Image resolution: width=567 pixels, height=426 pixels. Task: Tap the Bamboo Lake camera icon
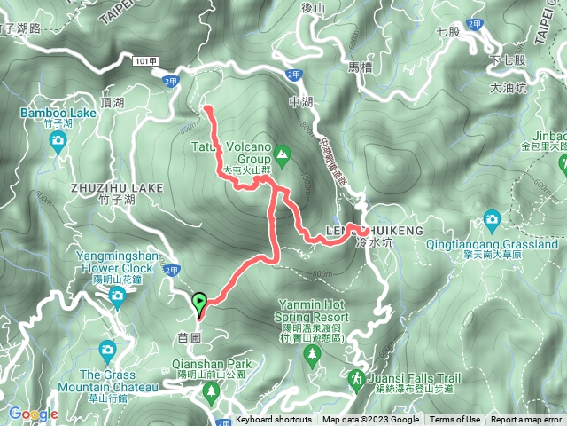click(58, 143)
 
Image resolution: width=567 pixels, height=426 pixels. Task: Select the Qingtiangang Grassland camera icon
click(493, 219)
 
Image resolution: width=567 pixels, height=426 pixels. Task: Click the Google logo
click(33, 414)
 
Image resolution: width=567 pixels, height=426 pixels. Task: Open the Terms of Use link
click(455, 420)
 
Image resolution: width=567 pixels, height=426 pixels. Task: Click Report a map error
click(527, 420)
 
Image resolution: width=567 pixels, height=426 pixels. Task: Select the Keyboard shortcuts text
click(274, 420)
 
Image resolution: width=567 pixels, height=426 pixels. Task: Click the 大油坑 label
click(509, 88)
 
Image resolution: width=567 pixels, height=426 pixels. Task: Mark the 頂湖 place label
click(113, 103)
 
